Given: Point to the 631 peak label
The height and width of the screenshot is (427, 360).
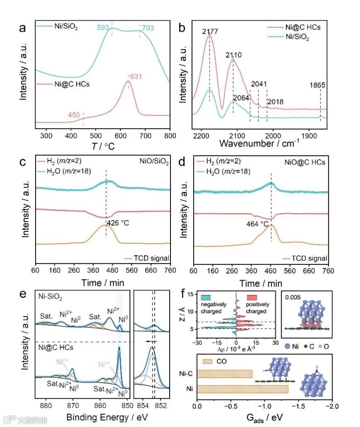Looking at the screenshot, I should pyautogui.click(x=136, y=76).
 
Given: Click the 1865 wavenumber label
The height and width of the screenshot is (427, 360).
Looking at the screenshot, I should pyautogui.click(x=317, y=85).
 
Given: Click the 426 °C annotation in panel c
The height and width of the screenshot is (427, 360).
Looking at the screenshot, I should pyautogui.click(x=118, y=223).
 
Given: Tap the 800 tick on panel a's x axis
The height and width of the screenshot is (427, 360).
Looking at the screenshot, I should pyautogui.click(x=170, y=135).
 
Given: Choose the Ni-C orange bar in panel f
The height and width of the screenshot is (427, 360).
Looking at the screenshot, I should pyautogui.click(x=224, y=374).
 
